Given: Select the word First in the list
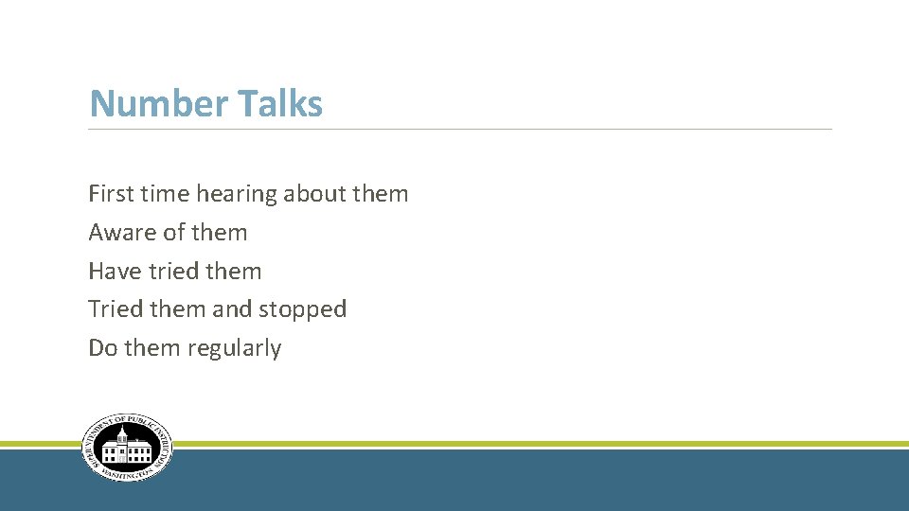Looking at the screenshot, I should coord(110,194).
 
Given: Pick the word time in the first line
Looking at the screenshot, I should coord(164,194).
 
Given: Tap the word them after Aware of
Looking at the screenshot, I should coord(219,233).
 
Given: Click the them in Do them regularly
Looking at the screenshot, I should coord(151,348).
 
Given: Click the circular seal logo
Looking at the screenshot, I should coord(127,448).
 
